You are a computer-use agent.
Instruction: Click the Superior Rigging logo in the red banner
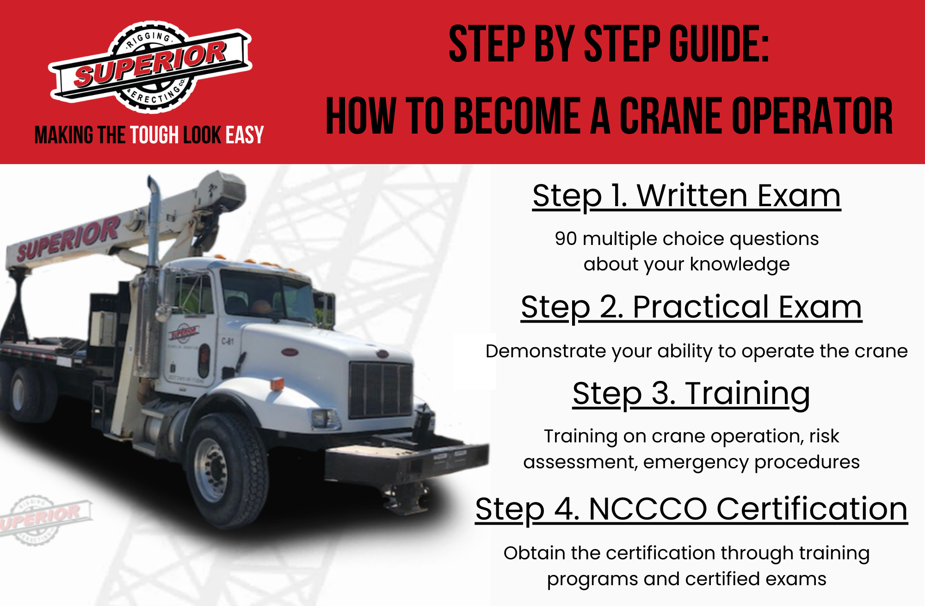150,67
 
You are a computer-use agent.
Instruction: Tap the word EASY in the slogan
245,135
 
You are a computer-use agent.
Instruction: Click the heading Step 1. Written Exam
686,196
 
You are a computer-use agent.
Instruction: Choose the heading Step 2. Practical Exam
691,307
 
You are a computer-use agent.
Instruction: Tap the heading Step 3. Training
691,394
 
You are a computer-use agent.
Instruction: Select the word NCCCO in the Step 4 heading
647,509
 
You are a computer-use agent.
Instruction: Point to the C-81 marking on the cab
228,342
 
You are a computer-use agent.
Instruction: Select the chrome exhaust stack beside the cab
153,277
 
